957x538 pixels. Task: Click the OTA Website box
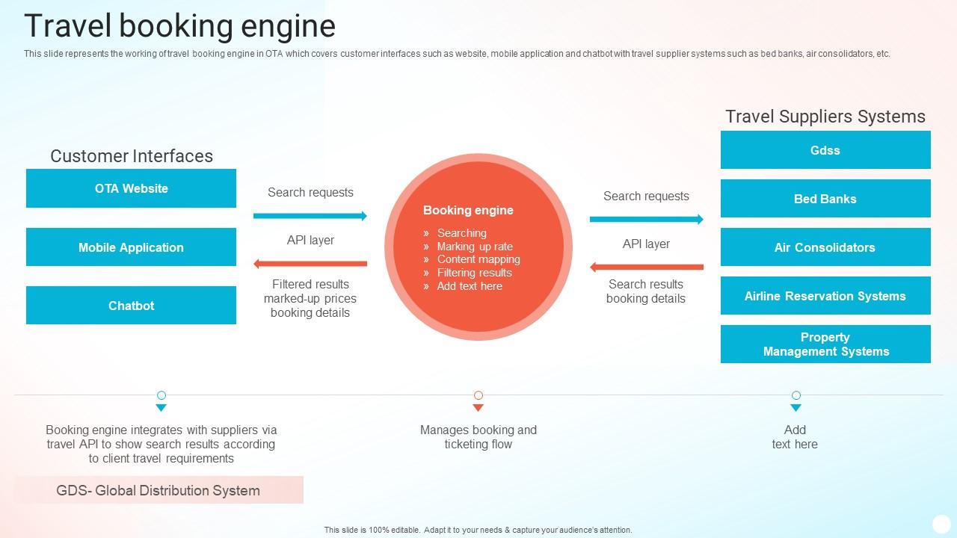131,188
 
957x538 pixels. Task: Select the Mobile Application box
131,247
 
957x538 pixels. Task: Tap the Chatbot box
131,306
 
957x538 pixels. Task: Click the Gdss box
825,150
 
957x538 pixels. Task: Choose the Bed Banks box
825,199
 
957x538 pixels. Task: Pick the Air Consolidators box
825,247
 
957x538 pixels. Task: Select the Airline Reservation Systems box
825,296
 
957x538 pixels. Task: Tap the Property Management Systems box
825,344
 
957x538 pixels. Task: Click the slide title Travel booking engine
179,26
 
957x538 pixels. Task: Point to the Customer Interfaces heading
132,156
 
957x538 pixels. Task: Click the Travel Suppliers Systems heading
825,117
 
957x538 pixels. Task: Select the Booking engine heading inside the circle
468,211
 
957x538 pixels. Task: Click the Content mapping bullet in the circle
478,259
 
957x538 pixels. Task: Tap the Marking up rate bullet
475,247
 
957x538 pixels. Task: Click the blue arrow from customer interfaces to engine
310,216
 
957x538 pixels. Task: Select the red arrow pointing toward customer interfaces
310,264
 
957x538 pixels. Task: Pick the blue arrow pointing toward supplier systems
646,220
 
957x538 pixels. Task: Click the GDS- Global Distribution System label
159,491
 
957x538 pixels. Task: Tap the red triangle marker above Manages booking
478,408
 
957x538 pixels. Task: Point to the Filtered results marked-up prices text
310,298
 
